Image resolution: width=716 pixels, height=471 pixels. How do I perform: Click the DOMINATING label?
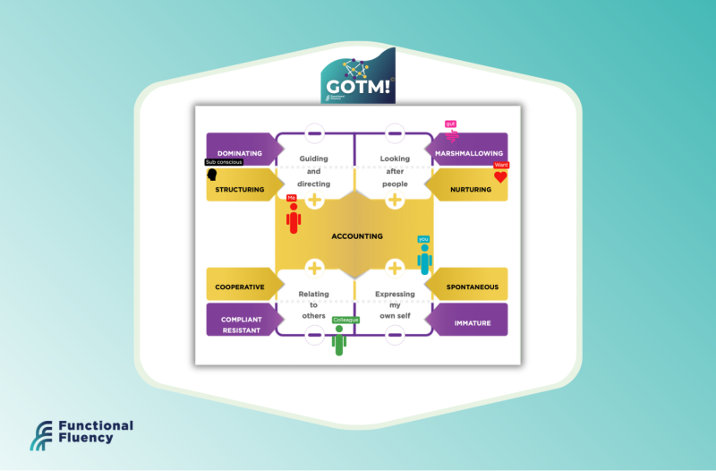[x=239, y=153]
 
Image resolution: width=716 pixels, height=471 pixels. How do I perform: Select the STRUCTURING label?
[x=240, y=189]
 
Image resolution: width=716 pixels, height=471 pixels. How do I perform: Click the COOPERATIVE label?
[x=240, y=287]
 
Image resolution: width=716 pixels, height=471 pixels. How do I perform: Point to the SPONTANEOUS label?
[x=473, y=287]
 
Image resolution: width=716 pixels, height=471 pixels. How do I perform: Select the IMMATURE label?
[x=473, y=323]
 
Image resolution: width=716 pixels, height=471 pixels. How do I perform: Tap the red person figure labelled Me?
[x=293, y=218]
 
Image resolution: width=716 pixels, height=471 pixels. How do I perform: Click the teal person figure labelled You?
[x=424, y=258]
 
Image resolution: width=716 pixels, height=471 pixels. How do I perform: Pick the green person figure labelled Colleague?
[x=339, y=340]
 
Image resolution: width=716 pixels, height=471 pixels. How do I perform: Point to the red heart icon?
[x=500, y=177]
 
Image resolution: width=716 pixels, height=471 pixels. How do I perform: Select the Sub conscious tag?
[x=224, y=162]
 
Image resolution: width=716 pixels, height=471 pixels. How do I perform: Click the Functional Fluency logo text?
[x=95, y=432]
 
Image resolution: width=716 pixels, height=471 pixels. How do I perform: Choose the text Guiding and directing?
[x=314, y=171]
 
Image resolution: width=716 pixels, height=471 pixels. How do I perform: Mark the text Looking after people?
[x=395, y=171]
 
